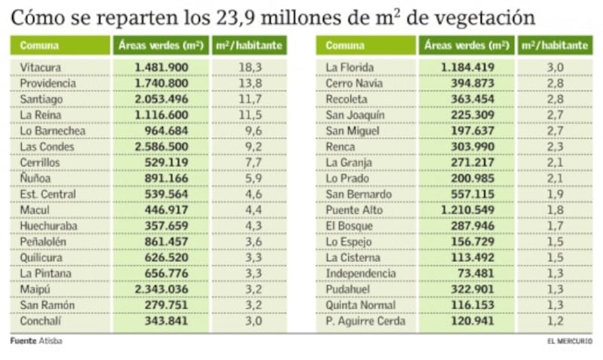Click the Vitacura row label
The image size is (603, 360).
(x=41, y=68)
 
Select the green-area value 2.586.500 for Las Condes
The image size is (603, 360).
(x=161, y=147)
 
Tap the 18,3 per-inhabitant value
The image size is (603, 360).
(x=250, y=68)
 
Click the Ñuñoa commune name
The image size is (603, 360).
(x=35, y=178)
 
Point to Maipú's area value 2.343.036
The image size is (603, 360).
(x=161, y=289)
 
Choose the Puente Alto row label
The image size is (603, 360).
(x=354, y=210)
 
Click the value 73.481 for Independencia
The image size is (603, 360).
(x=476, y=273)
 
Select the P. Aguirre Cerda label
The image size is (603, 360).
(x=366, y=321)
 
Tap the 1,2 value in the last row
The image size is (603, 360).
(x=556, y=321)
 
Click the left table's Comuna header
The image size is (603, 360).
(x=39, y=46)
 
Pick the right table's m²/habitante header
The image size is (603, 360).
(x=555, y=45)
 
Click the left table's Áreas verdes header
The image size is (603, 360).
(x=161, y=45)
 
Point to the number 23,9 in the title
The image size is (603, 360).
(x=236, y=17)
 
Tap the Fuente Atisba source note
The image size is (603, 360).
(x=36, y=340)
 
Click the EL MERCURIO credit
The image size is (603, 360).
(x=570, y=340)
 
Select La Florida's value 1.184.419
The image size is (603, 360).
(x=467, y=68)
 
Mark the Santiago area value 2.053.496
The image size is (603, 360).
(x=161, y=99)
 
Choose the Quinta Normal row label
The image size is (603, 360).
(x=361, y=306)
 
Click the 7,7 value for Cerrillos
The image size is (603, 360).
(x=254, y=163)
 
